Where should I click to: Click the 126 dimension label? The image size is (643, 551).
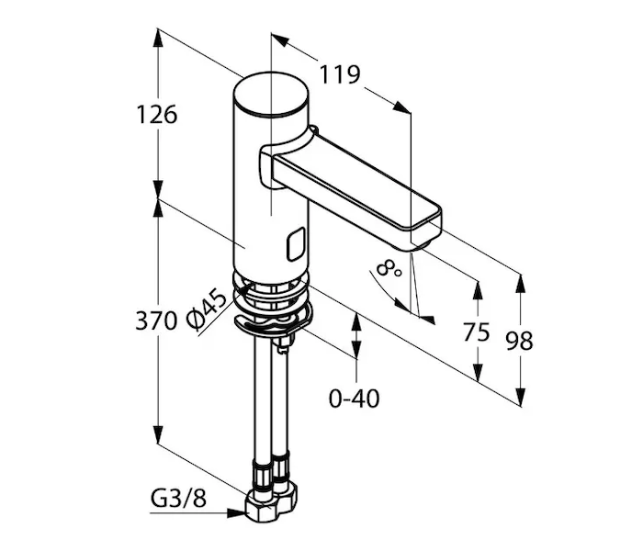(157, 115)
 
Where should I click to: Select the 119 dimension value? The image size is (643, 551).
(340, 74)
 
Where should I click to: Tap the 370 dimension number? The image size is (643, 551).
(156, 320)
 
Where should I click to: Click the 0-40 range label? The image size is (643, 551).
(355, 398)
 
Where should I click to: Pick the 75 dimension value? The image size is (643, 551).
(476, 332)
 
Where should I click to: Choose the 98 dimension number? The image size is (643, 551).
(519, 341)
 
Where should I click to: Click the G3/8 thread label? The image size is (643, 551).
(178, 499)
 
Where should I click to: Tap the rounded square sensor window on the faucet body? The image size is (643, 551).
(296, 244)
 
